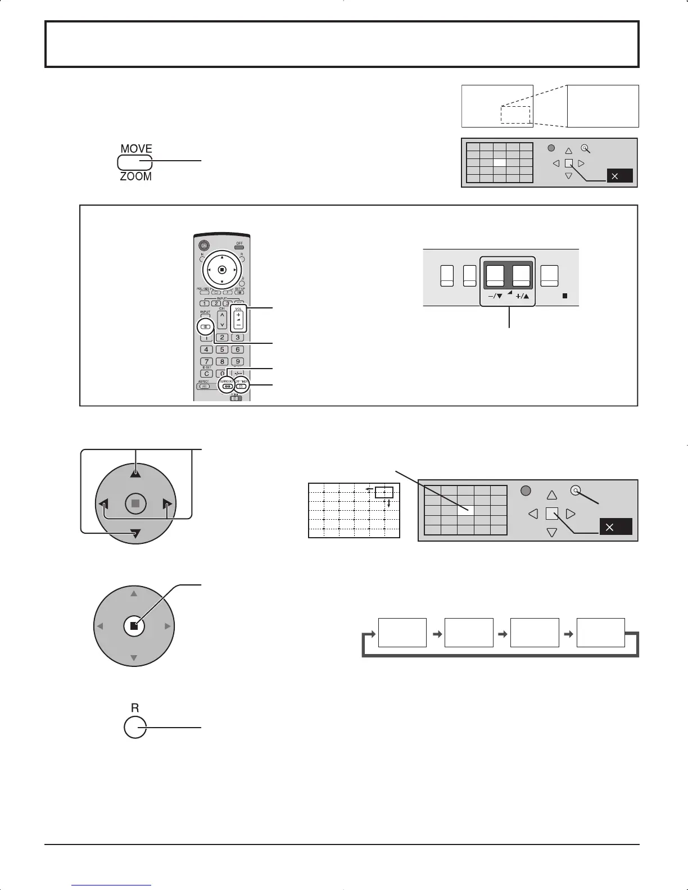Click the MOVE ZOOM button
point(135,162)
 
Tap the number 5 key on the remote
point(223,349)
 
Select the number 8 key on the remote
point(223,362)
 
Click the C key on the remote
point(207,374)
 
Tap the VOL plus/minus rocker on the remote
point(238,320)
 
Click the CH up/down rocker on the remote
point(222,320)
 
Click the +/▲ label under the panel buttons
point(522,296)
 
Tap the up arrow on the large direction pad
point(135,473)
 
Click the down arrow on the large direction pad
point(135,534)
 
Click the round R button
point(134,728)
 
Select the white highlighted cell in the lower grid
point(465,510)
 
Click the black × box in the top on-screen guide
point(619,176)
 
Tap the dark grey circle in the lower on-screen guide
point(526,491)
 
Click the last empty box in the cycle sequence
point(600,632)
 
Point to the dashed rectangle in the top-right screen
point(515,114)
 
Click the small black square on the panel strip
point(565,295)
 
